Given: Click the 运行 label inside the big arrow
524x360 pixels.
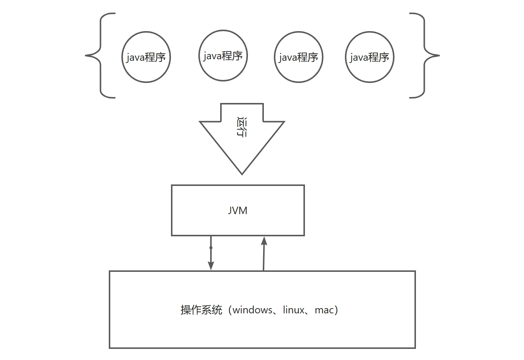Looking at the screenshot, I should pyautogui.click(x=242, y=127).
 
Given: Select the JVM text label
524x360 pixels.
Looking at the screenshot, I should pyautogui.click(x=238, y=210).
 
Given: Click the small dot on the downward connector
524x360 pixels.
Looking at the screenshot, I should pyautogui.click(x=211, y=247).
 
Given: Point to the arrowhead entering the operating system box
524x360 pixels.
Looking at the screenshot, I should pyautogui.click(x=211, y=266).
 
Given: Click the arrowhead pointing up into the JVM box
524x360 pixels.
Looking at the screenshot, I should pyautogui.click(x=264, y=241).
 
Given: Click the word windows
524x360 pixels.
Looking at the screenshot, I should pyautogui.click(x=252, y=310).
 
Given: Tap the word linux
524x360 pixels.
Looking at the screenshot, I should pyautogui.click(x=293, y=310).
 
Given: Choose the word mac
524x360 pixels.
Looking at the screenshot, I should pyautogui.click(x=324, y=310).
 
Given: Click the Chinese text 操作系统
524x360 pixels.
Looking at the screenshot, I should pyautogui.click(x=201, y=310).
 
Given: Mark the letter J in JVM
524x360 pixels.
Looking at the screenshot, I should pyautogui.click(x=230, y=210).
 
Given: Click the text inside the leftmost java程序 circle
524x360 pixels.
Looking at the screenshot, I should pyautogui.click(x=146, y=57).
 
